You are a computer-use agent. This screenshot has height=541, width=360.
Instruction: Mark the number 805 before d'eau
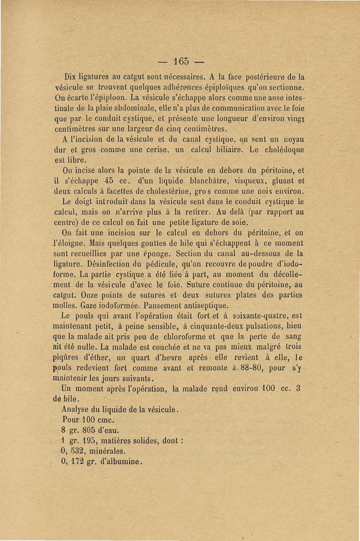tap(90, 429)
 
